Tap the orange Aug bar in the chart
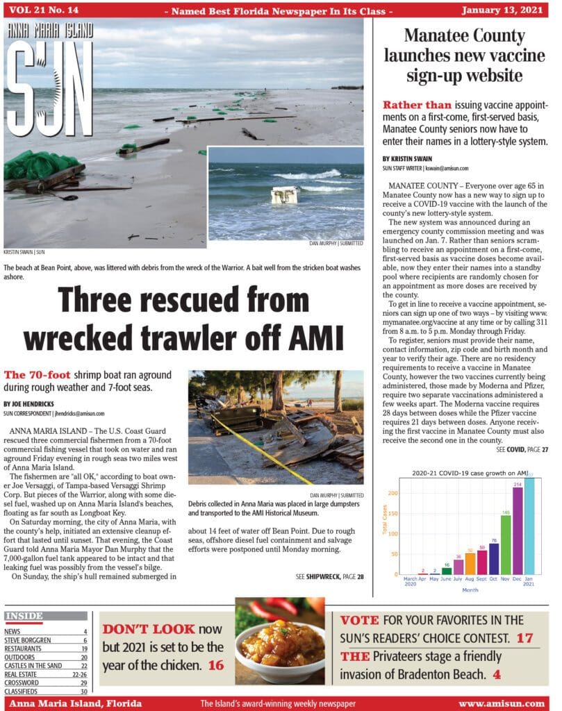(x=470, y=563)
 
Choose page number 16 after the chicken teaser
(x=216, y=665)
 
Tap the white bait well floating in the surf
(x=285, y=195)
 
